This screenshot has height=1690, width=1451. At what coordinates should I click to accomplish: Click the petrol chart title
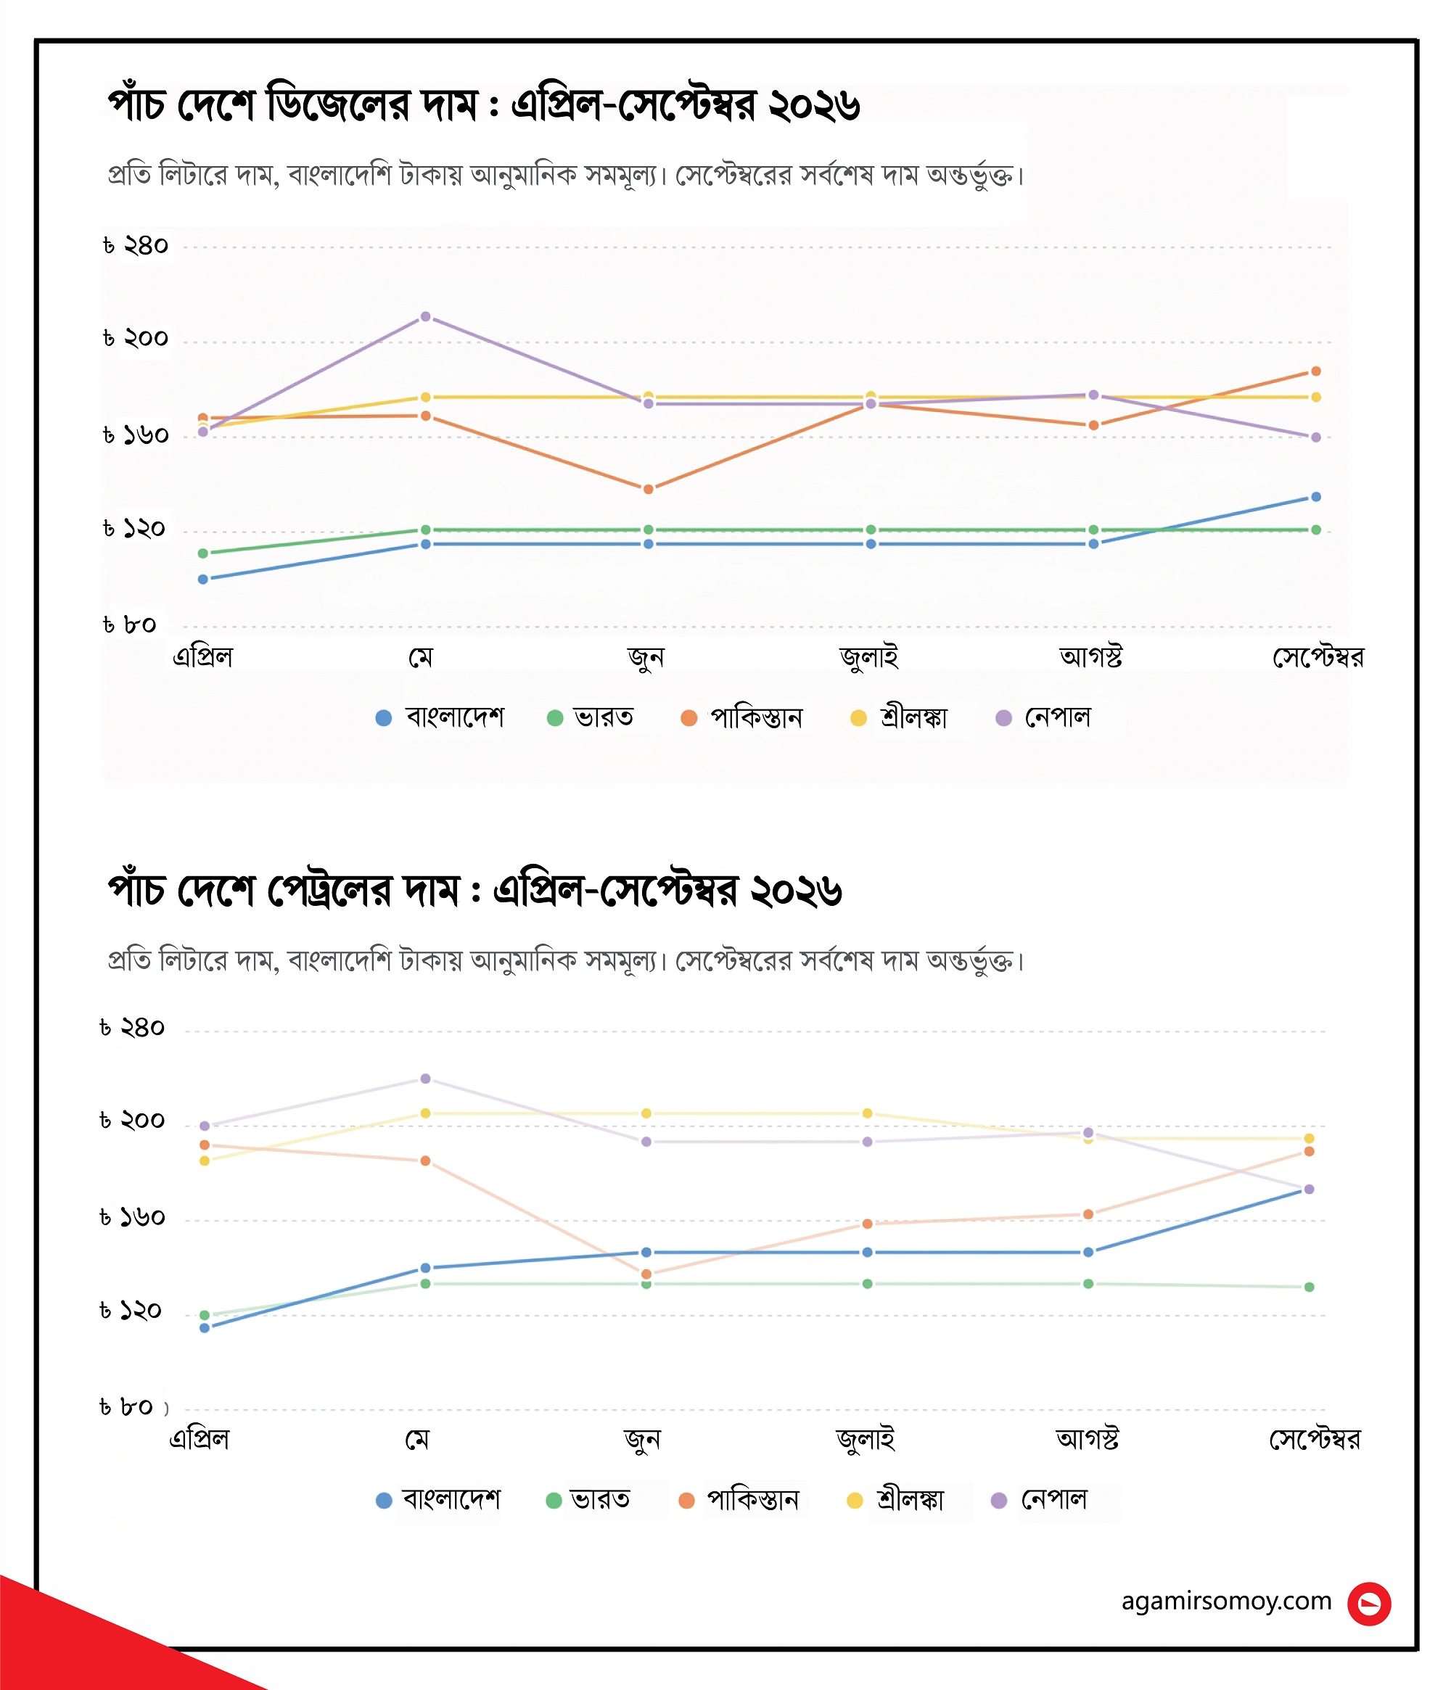click(x=474, y=891)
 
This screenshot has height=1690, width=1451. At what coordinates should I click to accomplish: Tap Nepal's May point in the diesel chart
click(x=426, y=316)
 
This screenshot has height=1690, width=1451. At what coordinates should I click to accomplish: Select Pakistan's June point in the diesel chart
click(x=649, y=490)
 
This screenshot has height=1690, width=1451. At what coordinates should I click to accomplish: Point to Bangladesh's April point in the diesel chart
click(x=203, y=579)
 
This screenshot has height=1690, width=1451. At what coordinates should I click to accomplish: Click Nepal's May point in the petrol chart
click(x=426, y=1079)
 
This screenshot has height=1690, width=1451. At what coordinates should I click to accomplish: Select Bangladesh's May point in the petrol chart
click(x=426, y=1268)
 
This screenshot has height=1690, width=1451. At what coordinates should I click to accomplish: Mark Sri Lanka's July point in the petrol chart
click(x=868, y=1113)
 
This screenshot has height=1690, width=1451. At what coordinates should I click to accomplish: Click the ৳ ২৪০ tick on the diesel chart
click(x=136, y=245)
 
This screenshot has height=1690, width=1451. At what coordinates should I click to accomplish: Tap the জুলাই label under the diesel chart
click(x=869, y=656)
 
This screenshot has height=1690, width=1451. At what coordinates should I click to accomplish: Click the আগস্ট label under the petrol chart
click(x=1088, y=1438)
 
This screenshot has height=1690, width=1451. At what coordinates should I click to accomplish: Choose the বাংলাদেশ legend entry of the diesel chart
click(x=440, y=717)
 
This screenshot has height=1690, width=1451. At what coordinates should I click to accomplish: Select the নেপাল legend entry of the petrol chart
click(x=1039, y=1499)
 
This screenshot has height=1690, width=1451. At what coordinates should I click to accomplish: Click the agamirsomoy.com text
click(x=1226, y=1601)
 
